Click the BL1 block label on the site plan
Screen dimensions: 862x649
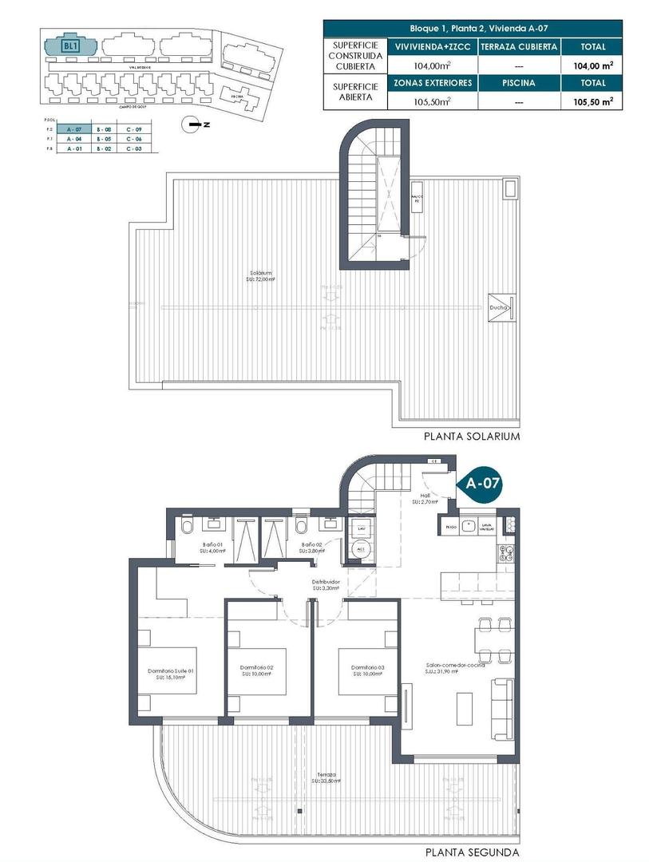pyautogui.click(x=69, y=46)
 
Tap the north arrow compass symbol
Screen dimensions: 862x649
pyautogui.click(x=191, y=123)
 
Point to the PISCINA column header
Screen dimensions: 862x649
pyautogui.click(x=518, y=82)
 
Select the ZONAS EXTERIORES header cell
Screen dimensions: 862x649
pyautogui.click(x=432, y=82)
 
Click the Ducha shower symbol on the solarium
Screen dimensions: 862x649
pyautogui.click(x=501, y=306)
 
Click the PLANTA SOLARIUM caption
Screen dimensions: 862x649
pyautogui.click(x=473, y=437)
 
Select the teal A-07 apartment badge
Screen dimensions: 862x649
pyautogui.click(x=482, y=483)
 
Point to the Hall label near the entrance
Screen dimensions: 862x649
pyautogui.click(x=421, y=496)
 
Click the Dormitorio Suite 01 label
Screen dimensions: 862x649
pyautogui.click(x=172, y=671)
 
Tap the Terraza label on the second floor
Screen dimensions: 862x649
pyautogui.click(x=325, y=774)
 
